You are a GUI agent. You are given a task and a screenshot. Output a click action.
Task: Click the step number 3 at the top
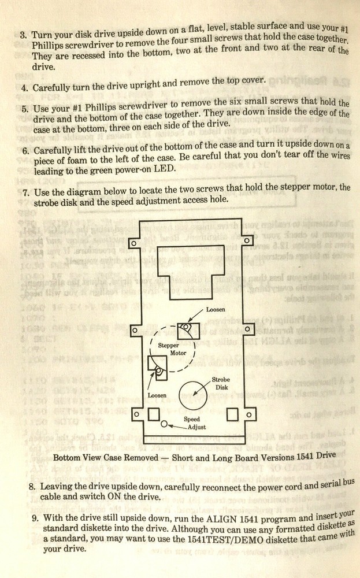click(x=23, y=34)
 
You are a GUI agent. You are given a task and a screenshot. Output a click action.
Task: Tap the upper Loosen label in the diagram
click(x=216, y=309)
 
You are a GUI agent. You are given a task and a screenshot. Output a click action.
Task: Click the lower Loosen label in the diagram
click(x=157, y=395)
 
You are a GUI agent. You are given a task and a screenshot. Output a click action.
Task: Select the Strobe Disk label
click(x=221, y=384)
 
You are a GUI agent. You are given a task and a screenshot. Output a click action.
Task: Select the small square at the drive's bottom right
click(x=232, y=414)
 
